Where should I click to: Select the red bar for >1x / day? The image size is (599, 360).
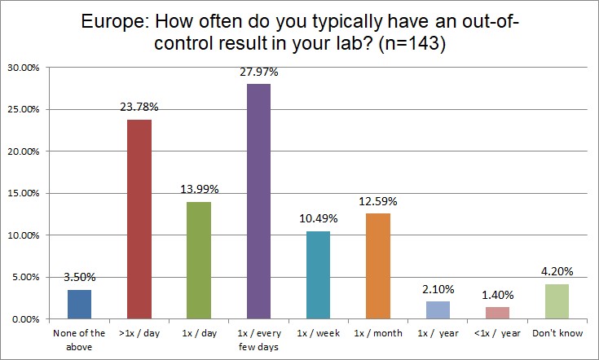pos(139,219)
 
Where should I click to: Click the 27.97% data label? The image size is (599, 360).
pos(259,72)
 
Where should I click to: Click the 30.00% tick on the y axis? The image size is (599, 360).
pos(24,67)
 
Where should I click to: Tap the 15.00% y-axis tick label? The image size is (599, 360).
pos(24,193)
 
